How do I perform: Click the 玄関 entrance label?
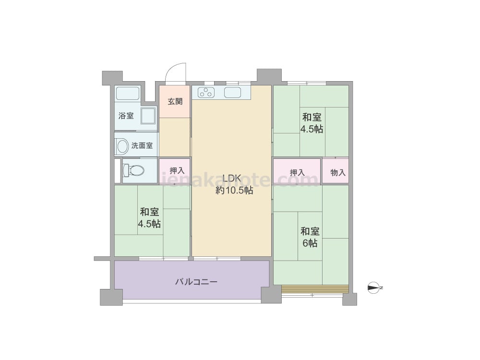(x=175, y=101)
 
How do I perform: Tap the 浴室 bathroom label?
(x=126, y=116)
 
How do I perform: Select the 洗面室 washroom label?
(x=142, y=145)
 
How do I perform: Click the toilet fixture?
(x=133, y=170)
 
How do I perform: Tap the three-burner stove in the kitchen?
(x=206, y=92)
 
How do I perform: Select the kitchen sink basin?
(x=233, y=92)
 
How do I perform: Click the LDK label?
(x=232, y=178)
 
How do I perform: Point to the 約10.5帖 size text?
(x=235, y=191)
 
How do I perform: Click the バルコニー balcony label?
(x=196, y=282)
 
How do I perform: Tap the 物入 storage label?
(x=338, y=173)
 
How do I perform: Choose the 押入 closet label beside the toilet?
(x=177, y=170)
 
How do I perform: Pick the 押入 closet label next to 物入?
(x=297, y=172)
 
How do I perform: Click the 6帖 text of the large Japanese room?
(x=310, y=243)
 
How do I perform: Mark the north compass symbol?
(x=374, y=288)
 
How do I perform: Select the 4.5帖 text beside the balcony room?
(x=149, y=224)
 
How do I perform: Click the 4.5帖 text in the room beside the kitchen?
(x=312, y=129)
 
